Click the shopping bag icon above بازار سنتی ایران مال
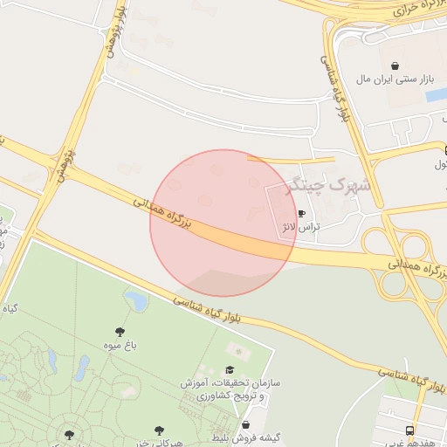click(395, 65)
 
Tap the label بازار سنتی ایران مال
click(395, 79)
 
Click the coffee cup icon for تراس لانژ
click(301, 213)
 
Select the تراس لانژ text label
click(300, 227)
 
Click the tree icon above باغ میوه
click(120, 332)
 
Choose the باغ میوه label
click(119, 346)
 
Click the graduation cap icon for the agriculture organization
click(230, 370)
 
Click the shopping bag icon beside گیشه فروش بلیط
click(246, 424)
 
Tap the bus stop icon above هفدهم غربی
click(409, 430)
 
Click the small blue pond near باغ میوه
click(136, 300)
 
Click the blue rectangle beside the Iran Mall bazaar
click(433, 94)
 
